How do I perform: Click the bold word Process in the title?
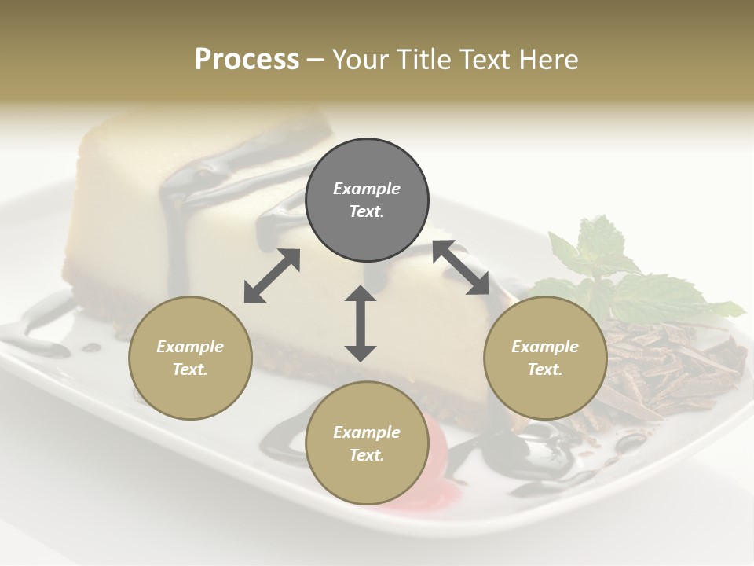(247, 60)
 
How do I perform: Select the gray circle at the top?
(367, 200)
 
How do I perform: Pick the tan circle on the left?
(190, 358)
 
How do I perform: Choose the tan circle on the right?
(545, 358)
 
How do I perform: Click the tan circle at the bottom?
(367, 443)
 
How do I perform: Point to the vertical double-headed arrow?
(361, 323)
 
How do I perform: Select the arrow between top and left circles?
(272, 276)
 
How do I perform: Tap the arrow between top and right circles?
(461, 267)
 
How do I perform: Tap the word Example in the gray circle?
(367, 189)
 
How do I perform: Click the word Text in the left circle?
(190, 369)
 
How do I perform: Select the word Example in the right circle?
(545, 347)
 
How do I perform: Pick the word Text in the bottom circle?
(367, 455)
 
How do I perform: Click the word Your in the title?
(361, 60)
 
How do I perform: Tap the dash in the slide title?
(316, 60)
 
